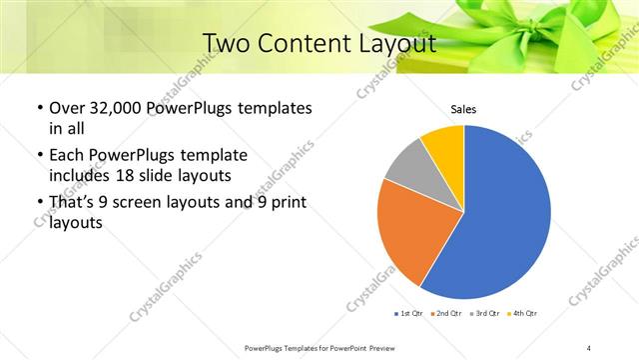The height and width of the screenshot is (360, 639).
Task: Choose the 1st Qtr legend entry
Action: tap(409, 314)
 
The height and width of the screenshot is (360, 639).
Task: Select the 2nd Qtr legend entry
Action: tap(447, 314)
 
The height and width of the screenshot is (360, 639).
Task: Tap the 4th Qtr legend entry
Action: tap(523, 314)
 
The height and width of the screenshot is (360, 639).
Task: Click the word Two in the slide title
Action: tap(227, 43)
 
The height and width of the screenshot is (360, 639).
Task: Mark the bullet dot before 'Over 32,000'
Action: tap(38, 108)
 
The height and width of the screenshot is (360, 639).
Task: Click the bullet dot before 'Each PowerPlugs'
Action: tap(38, 156)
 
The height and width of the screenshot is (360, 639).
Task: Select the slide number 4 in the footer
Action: tap(589, 347)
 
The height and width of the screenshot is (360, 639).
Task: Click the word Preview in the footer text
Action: tap(384, 347)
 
